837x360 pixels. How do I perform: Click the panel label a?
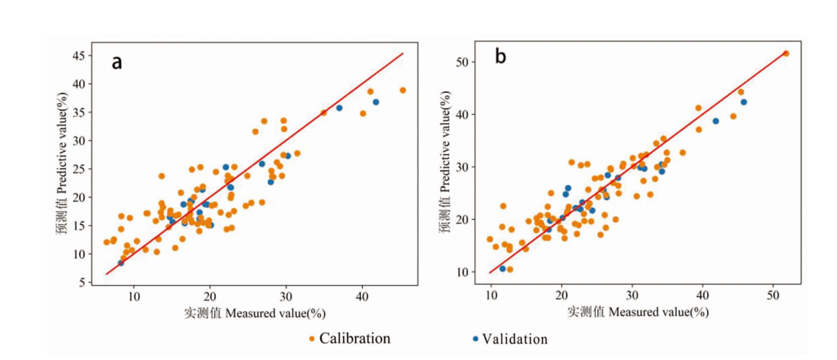tap(117, 62)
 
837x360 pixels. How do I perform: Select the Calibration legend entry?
tap(350, 339)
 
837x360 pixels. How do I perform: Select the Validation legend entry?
tap(510, 339)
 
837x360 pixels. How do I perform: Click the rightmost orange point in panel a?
tap(402, 90)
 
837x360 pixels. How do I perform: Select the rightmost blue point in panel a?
tap(376, 102)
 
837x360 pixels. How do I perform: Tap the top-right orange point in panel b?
tap(785, 53)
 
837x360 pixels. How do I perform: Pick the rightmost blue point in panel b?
tap(743, 102)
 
